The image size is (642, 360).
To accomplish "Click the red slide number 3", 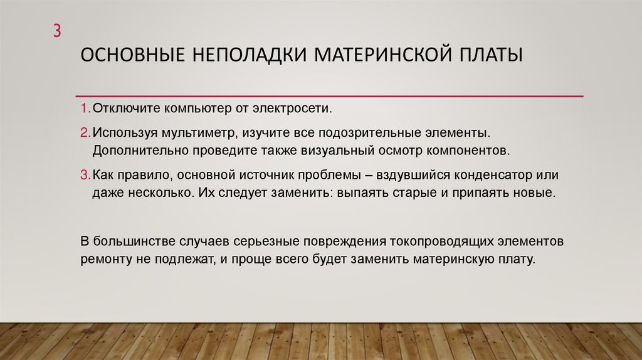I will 56,31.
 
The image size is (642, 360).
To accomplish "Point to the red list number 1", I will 85,109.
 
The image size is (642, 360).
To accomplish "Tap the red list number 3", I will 85,174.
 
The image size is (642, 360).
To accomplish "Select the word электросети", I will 291,109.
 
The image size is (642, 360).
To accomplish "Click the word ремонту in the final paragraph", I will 104,258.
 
